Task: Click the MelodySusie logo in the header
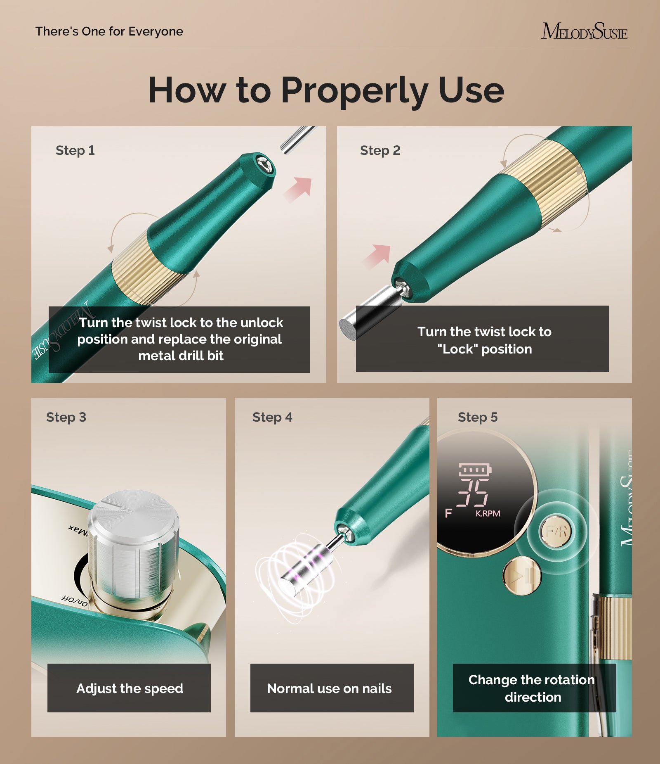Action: pos(584,31)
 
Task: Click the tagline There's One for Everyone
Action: pos(109,31)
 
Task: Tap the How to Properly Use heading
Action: pos(326,90)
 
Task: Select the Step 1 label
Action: pos(75,150)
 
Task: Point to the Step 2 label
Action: pos(380,150)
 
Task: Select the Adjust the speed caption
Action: pos(129,688)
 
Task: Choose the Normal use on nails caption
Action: pos(329,688)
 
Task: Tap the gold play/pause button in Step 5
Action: pos(521,575)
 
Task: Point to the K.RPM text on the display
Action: pos(488,513)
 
